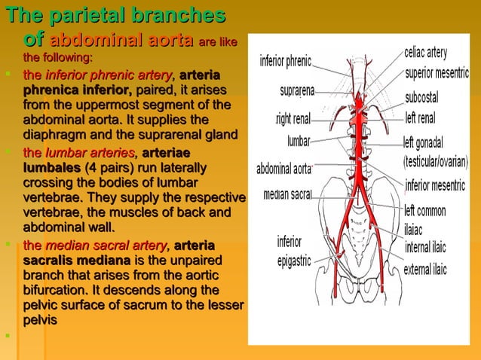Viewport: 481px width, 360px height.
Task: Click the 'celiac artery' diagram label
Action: [425, 53]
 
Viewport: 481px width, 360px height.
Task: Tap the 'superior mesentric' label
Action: [437, 74]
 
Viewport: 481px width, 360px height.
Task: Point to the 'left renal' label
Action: [420, 117]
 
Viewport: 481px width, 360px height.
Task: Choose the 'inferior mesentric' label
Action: [437, 185]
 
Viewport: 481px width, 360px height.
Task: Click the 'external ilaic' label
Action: [427, 268]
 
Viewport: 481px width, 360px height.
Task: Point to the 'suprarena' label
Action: [297, 91]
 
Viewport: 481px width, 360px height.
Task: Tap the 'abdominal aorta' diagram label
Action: [284, 168]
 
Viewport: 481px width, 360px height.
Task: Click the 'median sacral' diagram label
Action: [288, 194]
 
